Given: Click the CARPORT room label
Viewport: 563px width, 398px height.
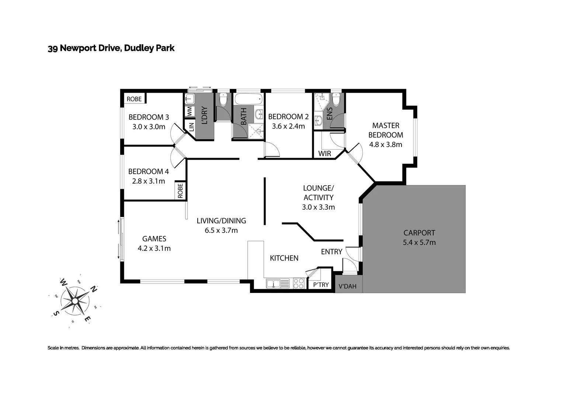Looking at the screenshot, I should pos(419,233).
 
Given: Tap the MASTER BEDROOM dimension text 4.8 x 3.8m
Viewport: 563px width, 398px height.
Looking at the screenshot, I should pos(386,145).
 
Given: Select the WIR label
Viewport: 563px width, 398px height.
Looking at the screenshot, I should pos(324,154).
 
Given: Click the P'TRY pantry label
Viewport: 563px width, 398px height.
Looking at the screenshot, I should pos(321,285).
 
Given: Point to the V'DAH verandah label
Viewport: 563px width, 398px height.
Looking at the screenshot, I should pos(347,286).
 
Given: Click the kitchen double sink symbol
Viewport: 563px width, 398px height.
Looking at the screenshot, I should pos(273,283).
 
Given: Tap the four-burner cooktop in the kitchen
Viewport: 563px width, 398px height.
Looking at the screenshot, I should pos(299,283).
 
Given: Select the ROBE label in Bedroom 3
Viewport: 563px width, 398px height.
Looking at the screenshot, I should pos(134,99).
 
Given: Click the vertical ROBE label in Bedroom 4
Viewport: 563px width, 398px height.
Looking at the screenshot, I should pos(180,191).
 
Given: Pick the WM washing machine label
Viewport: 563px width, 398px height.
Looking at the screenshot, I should pos(189,111).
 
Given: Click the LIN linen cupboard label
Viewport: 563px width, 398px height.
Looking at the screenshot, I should pos(191,127).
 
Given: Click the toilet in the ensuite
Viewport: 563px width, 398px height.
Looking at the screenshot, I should pos(336,99).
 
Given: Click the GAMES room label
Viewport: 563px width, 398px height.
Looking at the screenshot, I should pos(154,239).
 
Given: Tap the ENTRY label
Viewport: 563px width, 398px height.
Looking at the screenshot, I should pos(331,252).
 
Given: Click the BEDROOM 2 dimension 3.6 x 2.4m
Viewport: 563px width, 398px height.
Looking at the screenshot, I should pos(288,126).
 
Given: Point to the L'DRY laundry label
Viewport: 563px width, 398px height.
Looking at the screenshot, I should pos(205,115).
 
